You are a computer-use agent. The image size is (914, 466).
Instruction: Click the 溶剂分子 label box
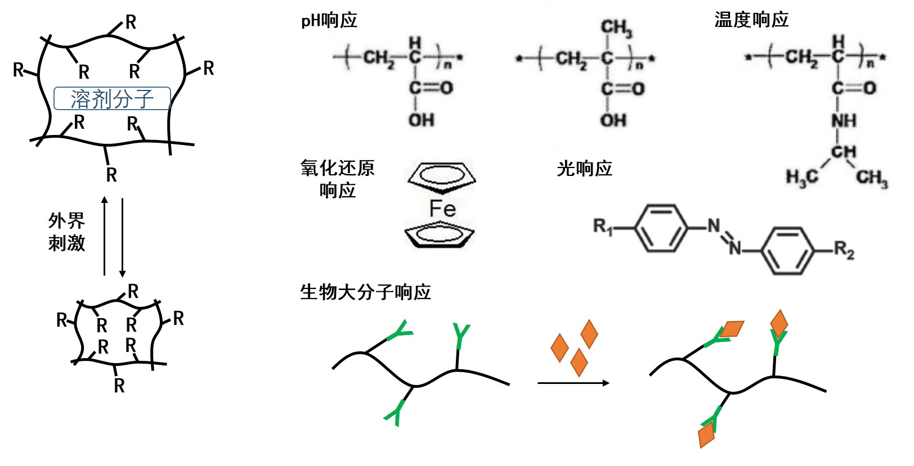pyautogui.click(x=112, y=98)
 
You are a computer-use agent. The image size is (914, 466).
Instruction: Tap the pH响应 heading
pyautogui.click(x=329, y=21)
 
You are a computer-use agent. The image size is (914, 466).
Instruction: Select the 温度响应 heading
pyautogui.click(x=751, y=20)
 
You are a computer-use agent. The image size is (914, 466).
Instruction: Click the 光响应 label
pyautogui.click(x=584, y=168)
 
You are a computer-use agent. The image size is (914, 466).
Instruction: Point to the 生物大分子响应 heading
pyautogui.click(x=365, y=292)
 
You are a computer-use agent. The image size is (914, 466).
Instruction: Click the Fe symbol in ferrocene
pyautogui.click(x=442, y=209)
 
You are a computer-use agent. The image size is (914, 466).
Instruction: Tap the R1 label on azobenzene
pyautogui.click(x=603, y=227)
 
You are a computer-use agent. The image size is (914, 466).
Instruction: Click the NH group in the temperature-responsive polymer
pyautogui.click(x=844, y=120)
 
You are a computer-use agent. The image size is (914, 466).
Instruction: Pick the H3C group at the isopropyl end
pyautogui.click(x=801, y=178)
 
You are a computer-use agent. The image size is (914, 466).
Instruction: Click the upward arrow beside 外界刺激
pyautogui.click(x=104, y=236)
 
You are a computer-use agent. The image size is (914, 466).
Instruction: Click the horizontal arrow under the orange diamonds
pyautogui.click(x=573, y=383)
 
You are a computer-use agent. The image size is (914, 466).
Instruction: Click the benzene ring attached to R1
pyautogui.click(x=661, y=228)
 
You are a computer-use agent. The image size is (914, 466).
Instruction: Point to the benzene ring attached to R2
pyautogui.click(x=787, y=250)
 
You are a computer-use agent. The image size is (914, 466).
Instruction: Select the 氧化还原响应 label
pyautogui.click(x=337, y=179)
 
